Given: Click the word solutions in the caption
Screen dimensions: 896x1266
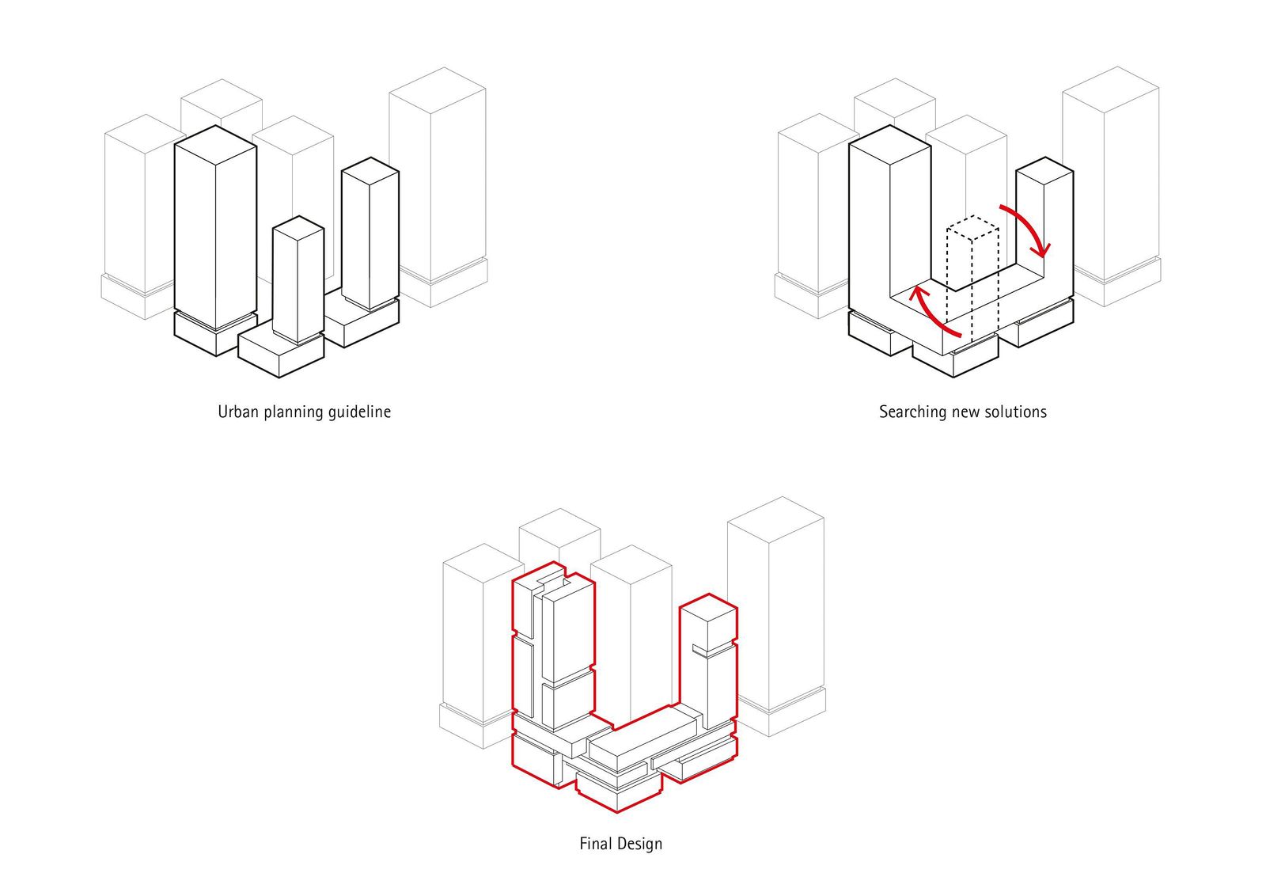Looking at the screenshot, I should (x=1015, y=412).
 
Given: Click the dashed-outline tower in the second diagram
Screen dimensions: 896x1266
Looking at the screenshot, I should (x=973, y=269).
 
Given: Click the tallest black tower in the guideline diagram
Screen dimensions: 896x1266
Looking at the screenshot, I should (x=214, y=230).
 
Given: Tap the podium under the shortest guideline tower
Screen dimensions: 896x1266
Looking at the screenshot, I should (x=281, y=352).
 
